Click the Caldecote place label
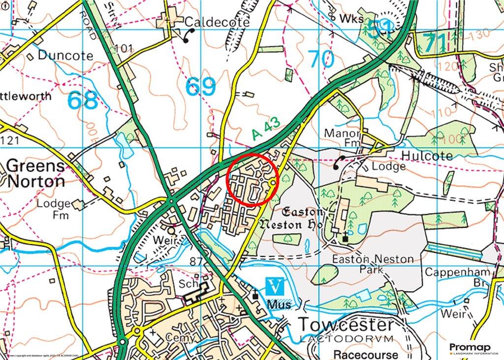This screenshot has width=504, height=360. tap(217, 23)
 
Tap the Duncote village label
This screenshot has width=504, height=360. tap(65, 55)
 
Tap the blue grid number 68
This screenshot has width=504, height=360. tap(82, 100)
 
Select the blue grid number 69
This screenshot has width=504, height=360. tap(201, 87)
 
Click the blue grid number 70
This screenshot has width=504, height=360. tap(322, 60)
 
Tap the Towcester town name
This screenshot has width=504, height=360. tap(346, 325)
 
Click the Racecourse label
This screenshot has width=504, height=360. tap(366, 354)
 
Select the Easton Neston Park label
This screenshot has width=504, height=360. tap(372, 264)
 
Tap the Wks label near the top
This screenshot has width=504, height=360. tap(351, 19)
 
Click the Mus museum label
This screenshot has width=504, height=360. tap(276, 305)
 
